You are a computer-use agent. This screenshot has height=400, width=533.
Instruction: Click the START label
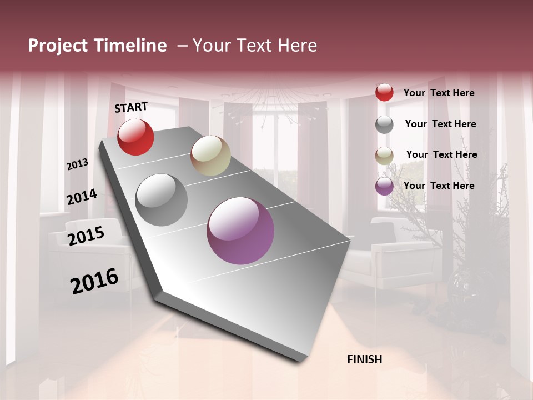tap(131, 107)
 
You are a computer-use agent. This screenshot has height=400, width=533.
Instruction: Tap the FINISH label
tap(364, 359)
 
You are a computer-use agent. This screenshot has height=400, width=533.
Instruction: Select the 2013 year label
tap(77, 164)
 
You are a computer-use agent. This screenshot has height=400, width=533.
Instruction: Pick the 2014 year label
tap(82, 197)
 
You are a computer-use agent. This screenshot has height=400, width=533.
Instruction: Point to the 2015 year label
tap(86, 236)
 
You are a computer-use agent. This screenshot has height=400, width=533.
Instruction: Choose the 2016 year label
tap(94, 281)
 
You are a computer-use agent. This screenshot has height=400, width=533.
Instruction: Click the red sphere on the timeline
tap(135, 137)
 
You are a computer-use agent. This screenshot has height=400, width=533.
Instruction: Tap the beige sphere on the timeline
tap(210, 156)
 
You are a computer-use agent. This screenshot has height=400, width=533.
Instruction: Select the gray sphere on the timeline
tap(162, 200)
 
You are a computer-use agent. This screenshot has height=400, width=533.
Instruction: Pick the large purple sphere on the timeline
tap(240, 231)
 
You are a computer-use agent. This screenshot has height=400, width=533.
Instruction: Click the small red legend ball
tap(384, 92)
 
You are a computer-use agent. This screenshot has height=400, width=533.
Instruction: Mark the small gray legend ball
tap(384, 124)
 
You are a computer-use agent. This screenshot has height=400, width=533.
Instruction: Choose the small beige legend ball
tap(384, 156)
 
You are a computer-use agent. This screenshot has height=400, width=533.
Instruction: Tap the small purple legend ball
tap(384, 186)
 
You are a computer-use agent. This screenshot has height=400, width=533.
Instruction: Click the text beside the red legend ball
tap(439, 93)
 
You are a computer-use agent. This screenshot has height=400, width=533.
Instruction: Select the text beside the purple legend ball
tap(439, 186)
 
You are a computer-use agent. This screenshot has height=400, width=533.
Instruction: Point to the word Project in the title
tap(58, 46)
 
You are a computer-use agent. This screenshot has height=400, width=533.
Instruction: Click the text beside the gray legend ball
tap(440, 124)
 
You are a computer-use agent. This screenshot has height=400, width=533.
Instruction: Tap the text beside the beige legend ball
tap(441, 154)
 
